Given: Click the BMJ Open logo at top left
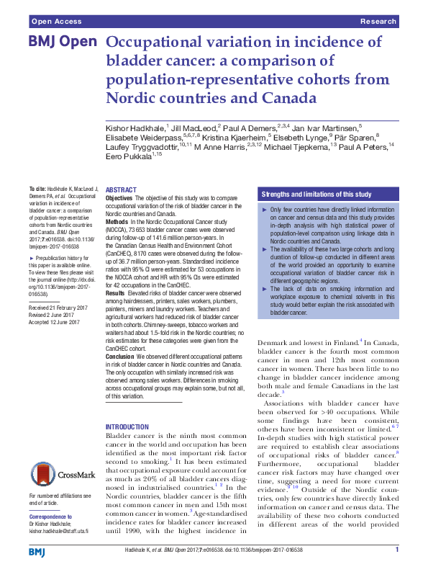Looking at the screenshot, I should click(x=62, y=42).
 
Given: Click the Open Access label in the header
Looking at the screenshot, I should click(x=55, y=22).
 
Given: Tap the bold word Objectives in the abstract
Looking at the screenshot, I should click(x=119, y=197).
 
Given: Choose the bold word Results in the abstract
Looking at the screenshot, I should click(x=116, y=293).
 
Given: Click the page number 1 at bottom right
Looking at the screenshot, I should click(x=396, y=551).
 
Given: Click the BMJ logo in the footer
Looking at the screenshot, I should click(x=38, y=551).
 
